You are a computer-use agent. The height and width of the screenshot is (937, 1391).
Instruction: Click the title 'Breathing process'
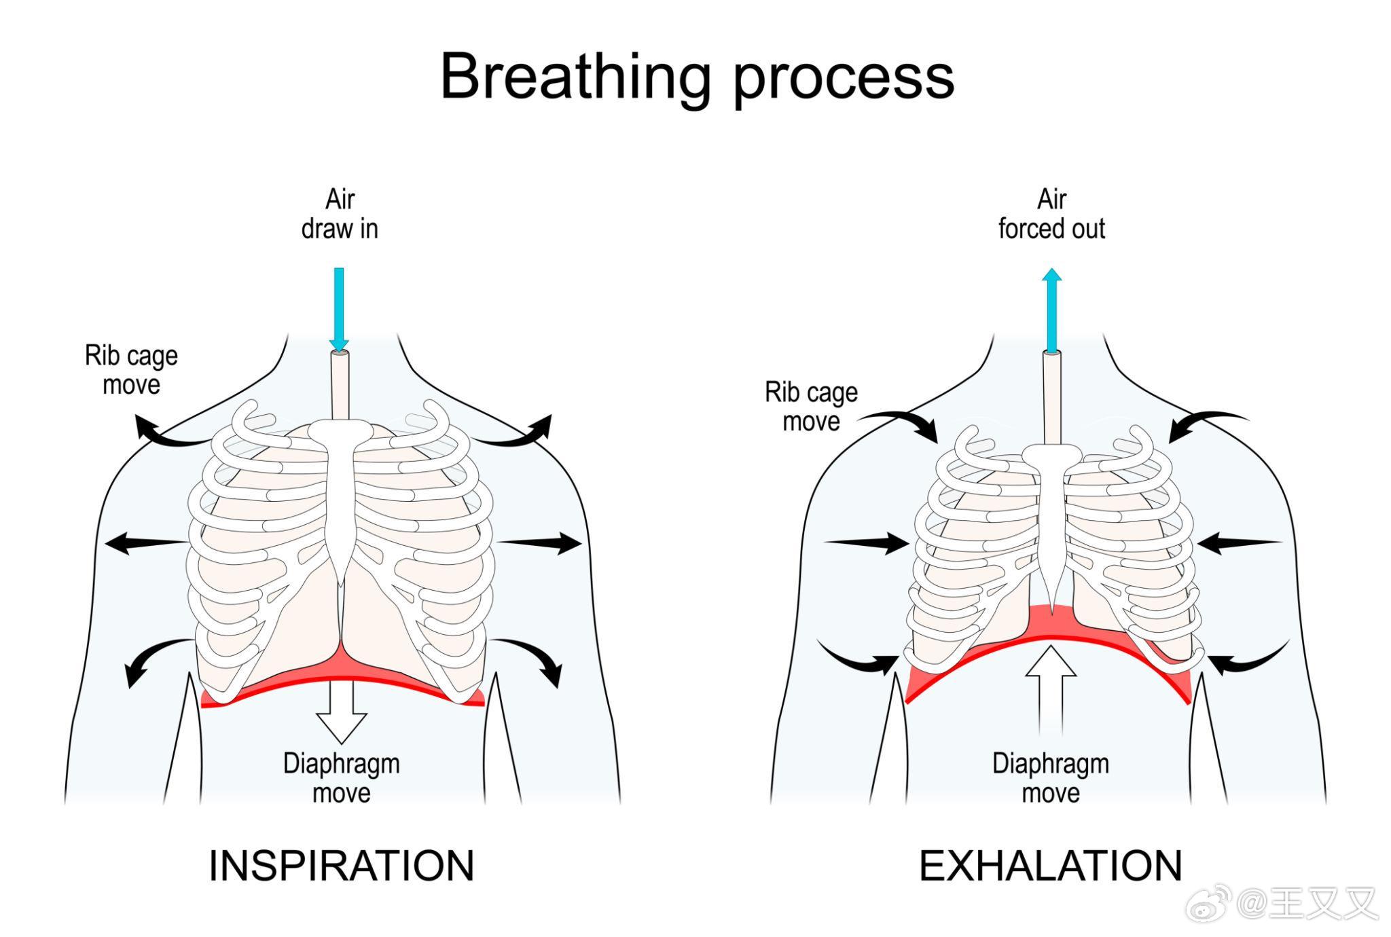(697, 77)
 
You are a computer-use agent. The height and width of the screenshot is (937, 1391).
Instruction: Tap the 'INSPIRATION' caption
(341, 866)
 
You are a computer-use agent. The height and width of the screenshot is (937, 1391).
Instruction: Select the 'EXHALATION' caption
(1050, 866)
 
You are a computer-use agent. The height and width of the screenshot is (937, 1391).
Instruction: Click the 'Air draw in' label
(340, 214)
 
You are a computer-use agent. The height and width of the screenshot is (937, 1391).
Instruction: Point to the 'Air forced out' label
(1051, 214)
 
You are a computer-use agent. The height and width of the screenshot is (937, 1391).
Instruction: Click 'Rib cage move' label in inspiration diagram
(131, 370)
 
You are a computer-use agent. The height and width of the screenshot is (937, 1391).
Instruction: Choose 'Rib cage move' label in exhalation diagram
(811, 407)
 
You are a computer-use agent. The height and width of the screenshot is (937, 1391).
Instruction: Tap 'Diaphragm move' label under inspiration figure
(341, 778)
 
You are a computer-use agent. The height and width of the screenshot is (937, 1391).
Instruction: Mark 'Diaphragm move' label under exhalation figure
(1051, 778)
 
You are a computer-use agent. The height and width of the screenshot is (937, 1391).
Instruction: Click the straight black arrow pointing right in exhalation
(866, 543)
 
